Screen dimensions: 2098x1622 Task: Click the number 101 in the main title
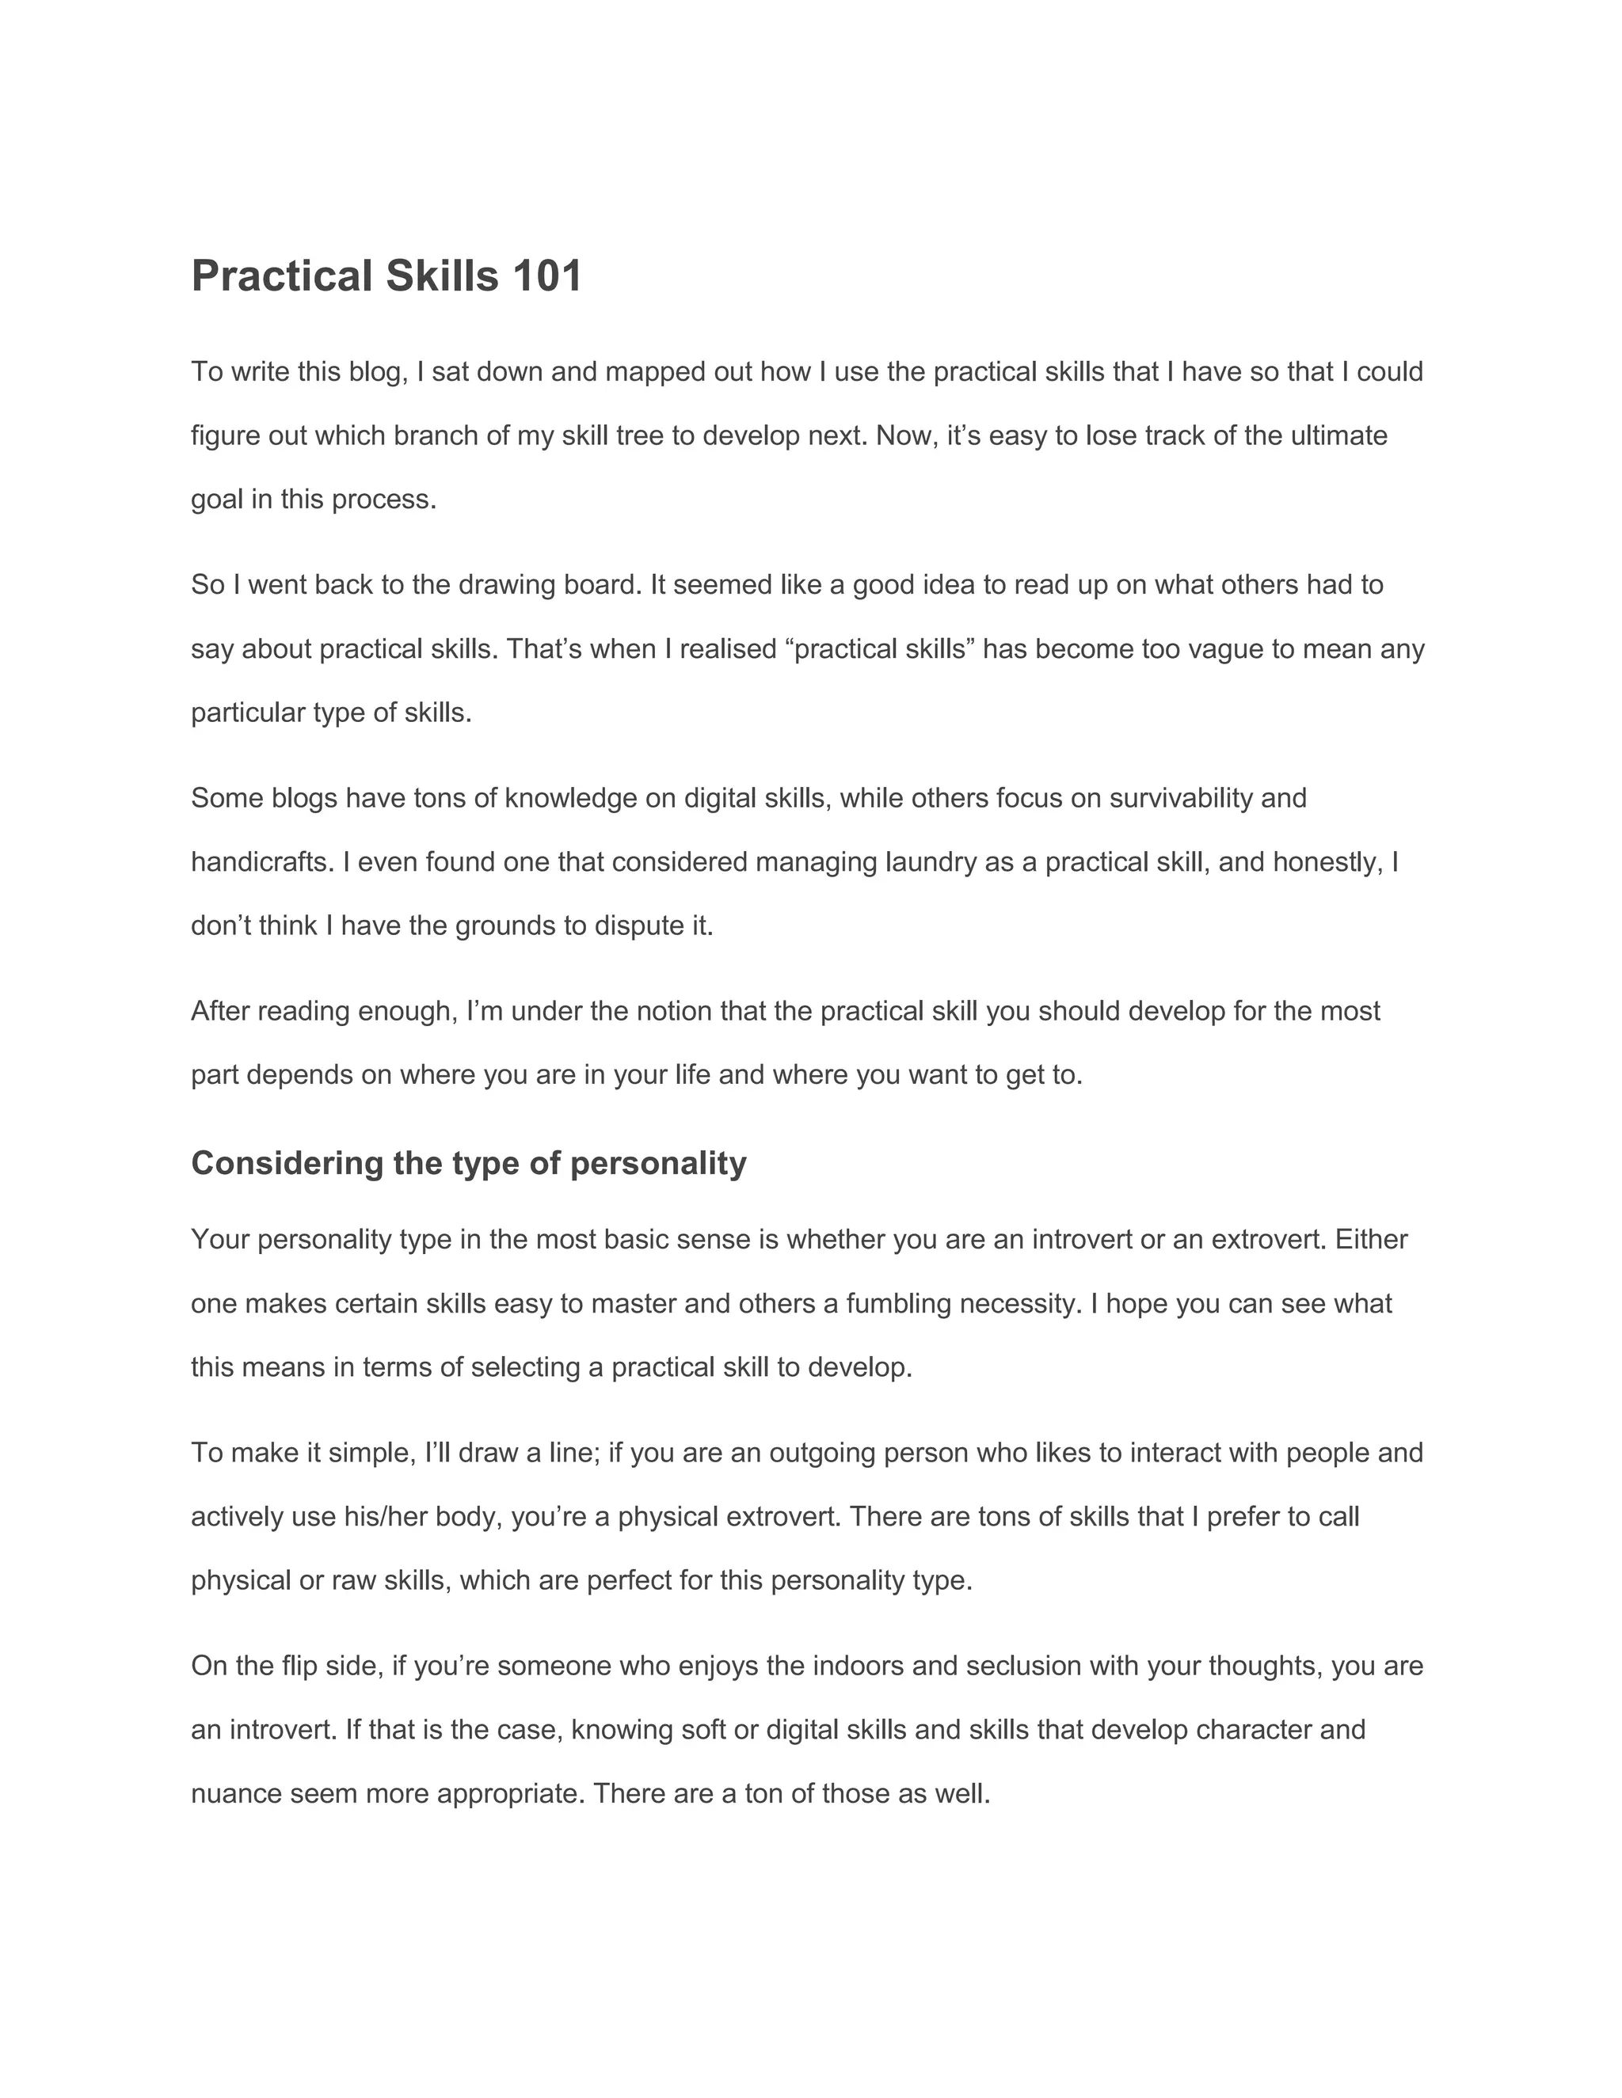pos(546,276)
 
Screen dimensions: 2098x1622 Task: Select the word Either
pos(1371,1240)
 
